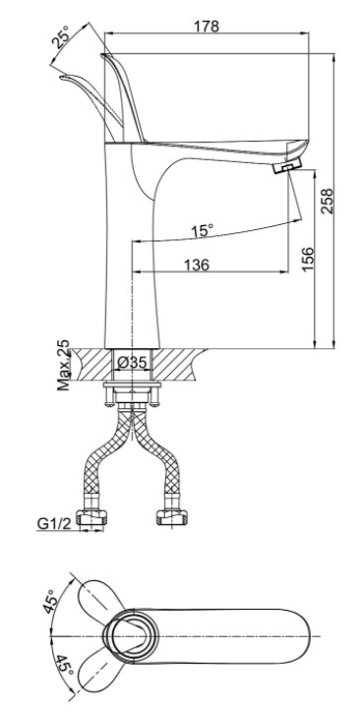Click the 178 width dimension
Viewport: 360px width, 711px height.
tap(207, 27)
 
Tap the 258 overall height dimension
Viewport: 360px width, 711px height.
tap(327, 201)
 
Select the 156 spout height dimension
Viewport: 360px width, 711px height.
tap(307, 259)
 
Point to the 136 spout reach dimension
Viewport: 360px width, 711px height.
tap(197, 265)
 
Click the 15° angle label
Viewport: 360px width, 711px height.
tap(202, 230)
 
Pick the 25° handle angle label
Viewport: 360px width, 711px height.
tap(60, 37)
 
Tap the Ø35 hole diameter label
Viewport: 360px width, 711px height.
tap(132, 362)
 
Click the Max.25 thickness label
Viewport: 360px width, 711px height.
tap(64, 365)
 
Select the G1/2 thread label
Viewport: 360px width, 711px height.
tap(54, 523)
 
